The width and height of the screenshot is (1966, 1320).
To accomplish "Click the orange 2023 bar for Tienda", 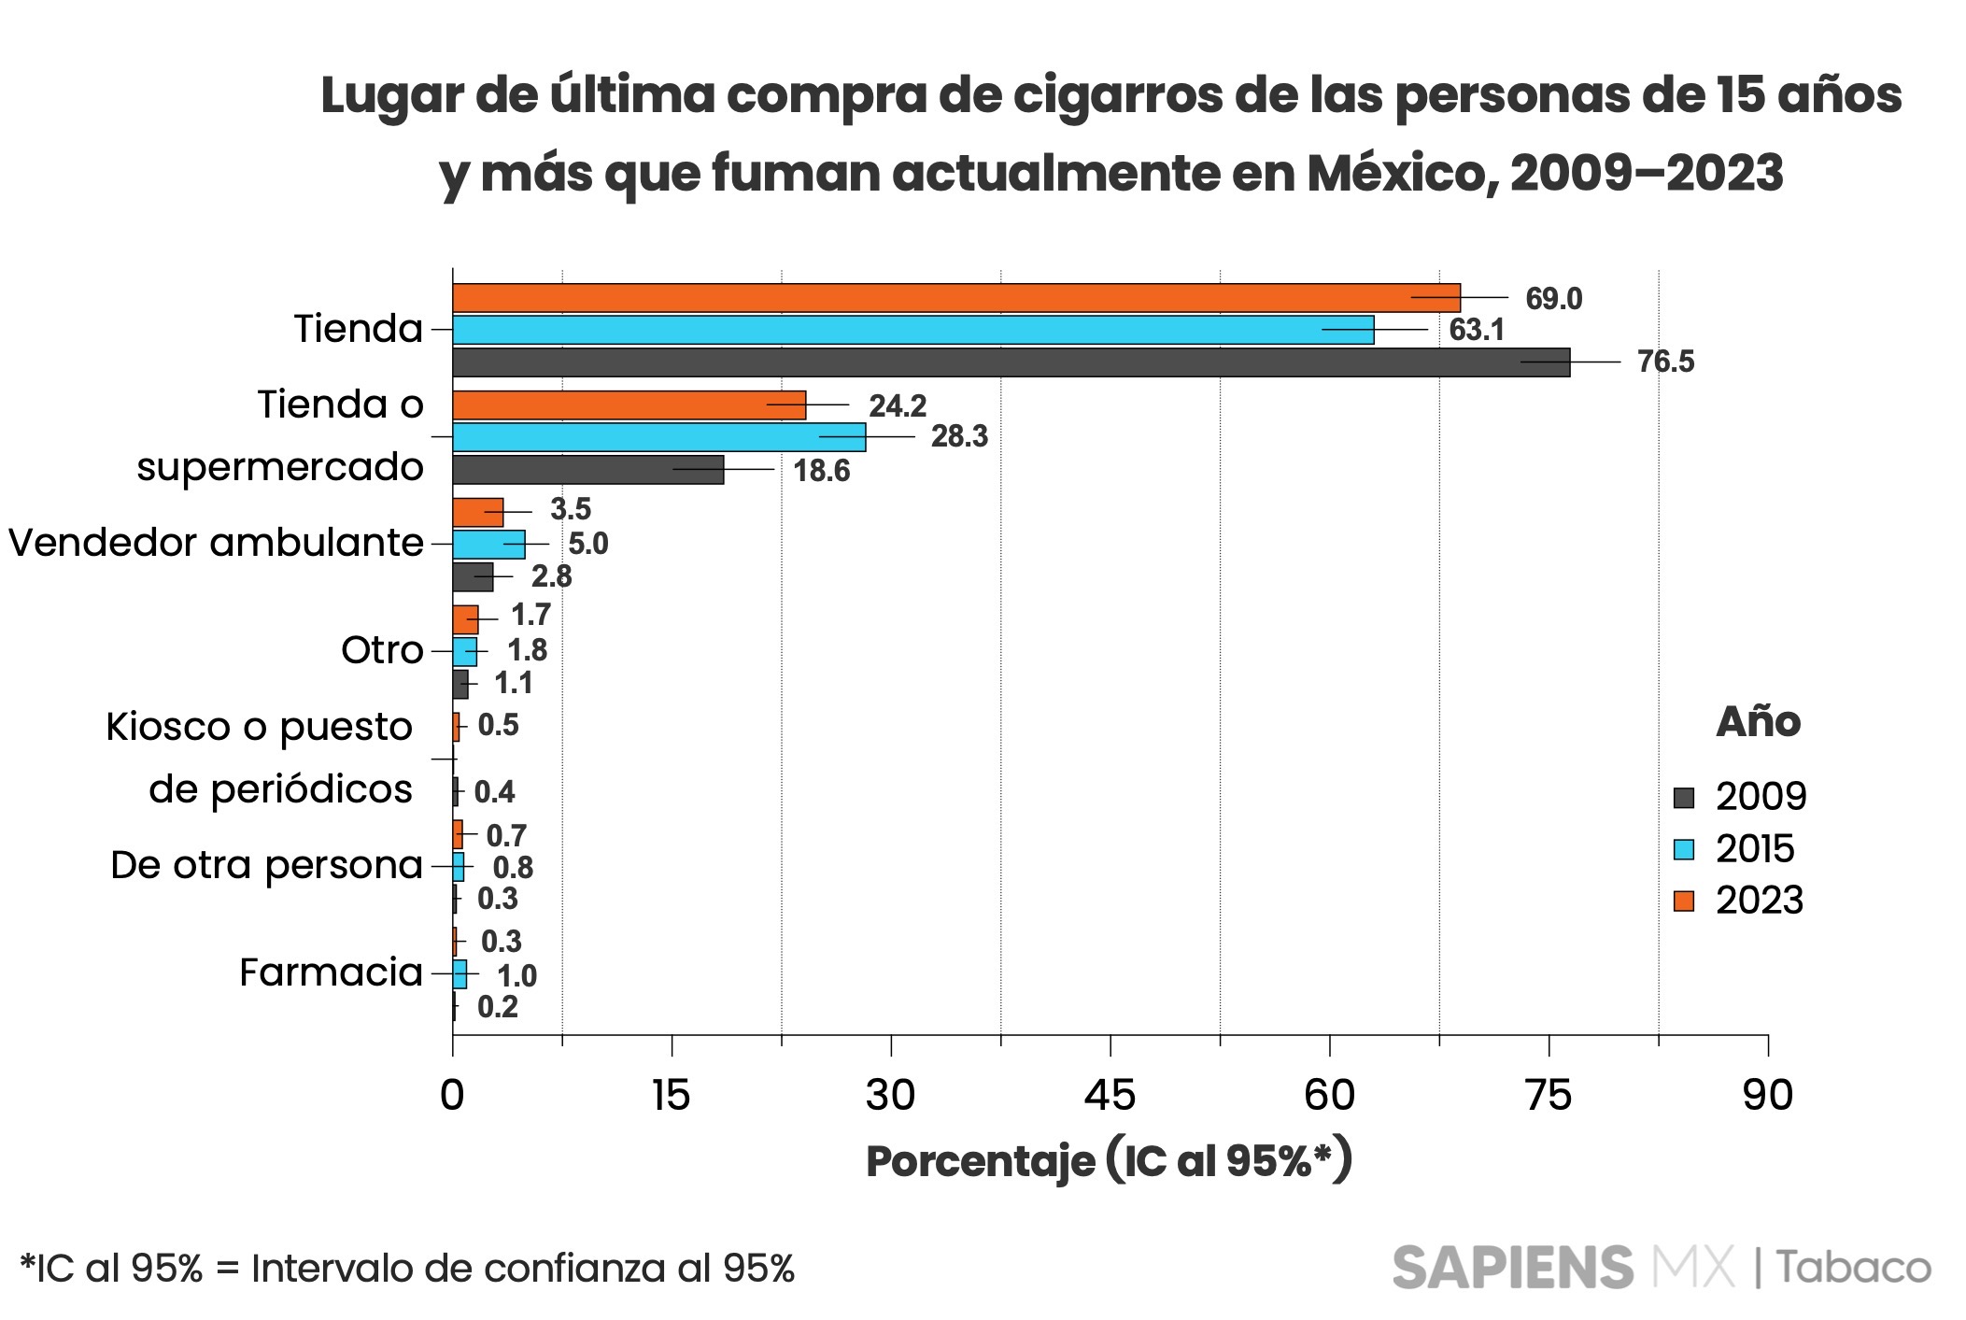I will click(x=953, y=298).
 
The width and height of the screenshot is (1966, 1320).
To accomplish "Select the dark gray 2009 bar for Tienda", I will click(x=1009, y=362).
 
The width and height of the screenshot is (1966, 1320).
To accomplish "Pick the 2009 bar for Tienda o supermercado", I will click(x=587, y=470).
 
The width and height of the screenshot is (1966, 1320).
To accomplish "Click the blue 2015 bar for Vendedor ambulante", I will click(x=488, y=544).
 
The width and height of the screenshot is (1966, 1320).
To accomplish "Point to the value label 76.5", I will click(x=1665, y=362).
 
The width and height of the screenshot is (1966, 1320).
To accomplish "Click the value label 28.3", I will click(x=959, y=436).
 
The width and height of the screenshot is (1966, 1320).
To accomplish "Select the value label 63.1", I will click(x=1477, y=330).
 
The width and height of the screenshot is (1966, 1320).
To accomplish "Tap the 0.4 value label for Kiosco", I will click(x=494, y=792).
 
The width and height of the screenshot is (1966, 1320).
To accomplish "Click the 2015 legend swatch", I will click(x=1683, y=849).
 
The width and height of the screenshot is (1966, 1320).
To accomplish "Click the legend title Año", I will click(x=1758, y=722).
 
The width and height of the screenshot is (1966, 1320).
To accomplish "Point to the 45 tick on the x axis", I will click(x=1110, y=1095).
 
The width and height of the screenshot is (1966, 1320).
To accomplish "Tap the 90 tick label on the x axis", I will click(x=1767, y=1095).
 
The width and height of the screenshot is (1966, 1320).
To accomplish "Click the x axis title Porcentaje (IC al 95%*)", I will click(x=1109, y=1161).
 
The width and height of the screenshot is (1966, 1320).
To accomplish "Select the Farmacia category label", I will click(x=331, y=972).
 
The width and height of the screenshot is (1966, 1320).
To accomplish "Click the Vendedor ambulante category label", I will click(x=216, y=543).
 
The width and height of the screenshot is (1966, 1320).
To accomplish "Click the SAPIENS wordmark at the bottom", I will click(x=1512, y=1268).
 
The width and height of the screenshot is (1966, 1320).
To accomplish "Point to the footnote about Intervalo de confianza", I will click(x=407, y=1269).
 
